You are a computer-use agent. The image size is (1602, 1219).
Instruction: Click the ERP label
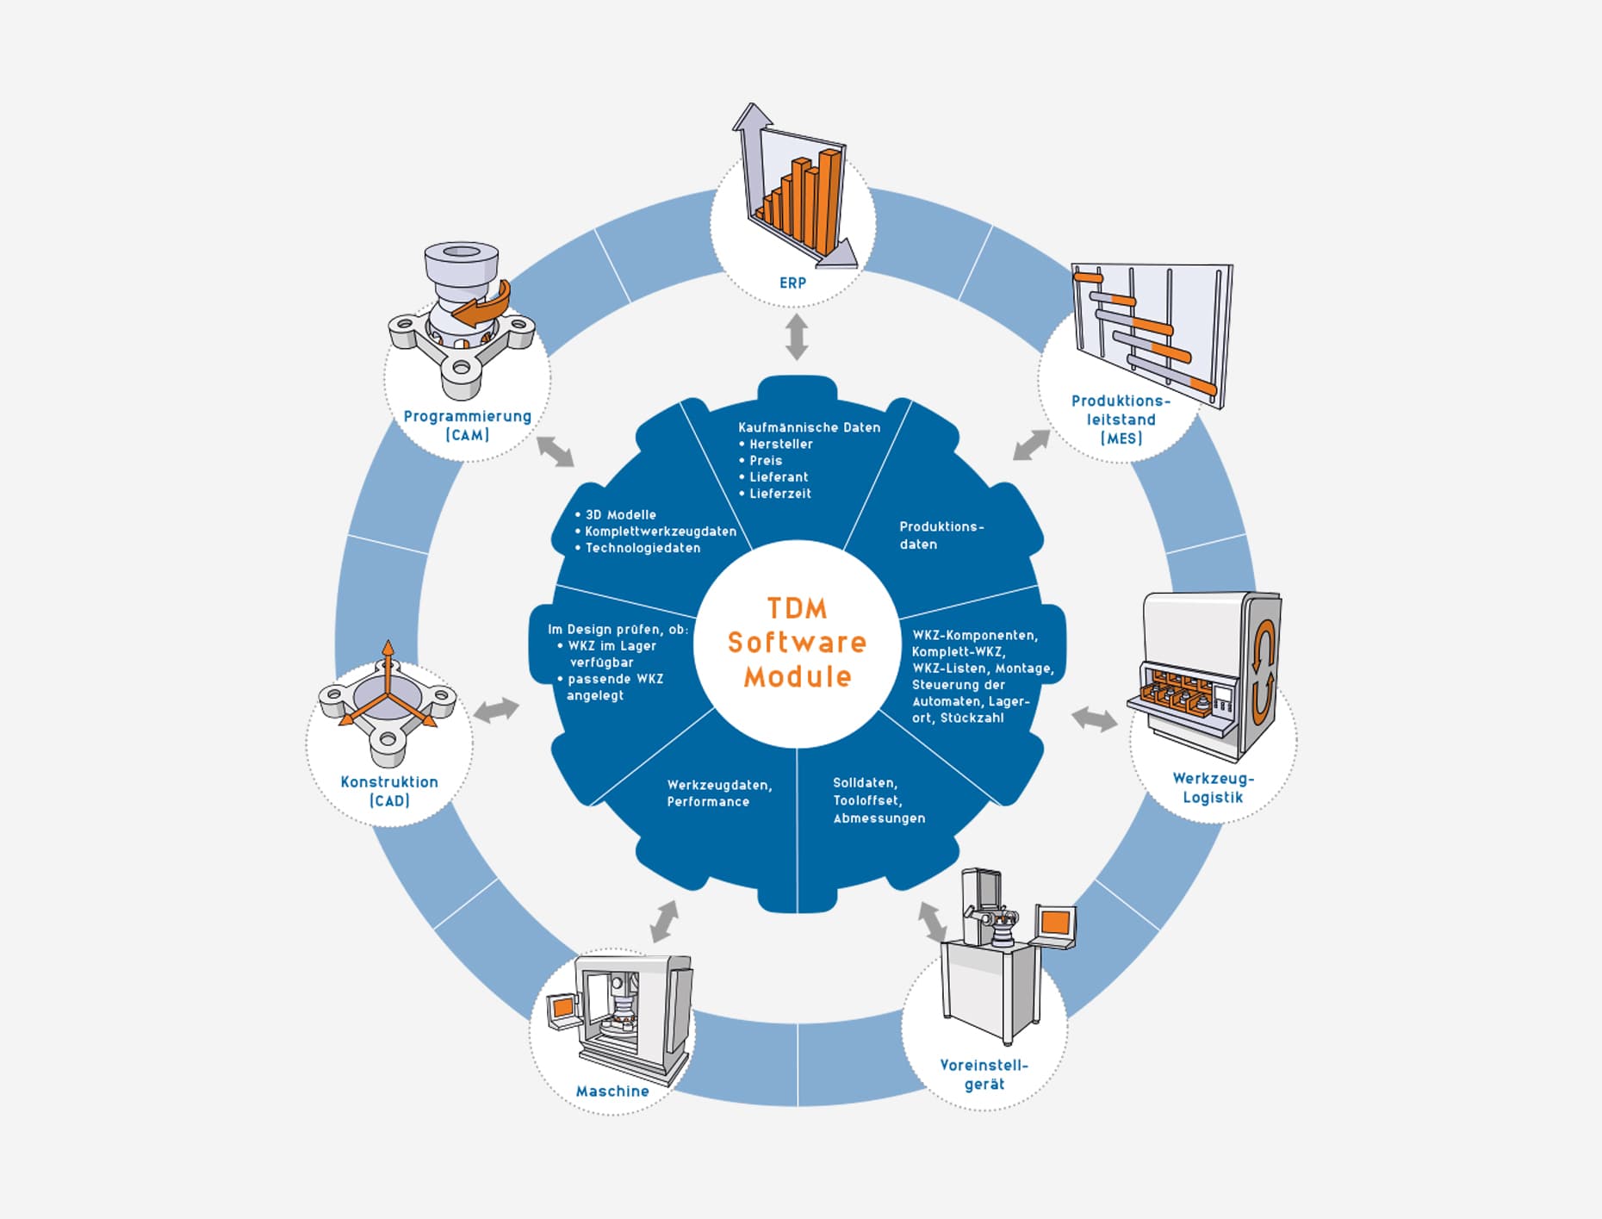[792, 283]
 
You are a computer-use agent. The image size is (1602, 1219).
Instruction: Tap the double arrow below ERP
[797, 337]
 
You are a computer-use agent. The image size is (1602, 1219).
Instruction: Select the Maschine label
[612, 1092]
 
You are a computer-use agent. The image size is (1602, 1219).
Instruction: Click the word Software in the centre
[797, 642]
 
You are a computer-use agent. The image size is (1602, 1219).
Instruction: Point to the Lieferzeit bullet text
[779, 494]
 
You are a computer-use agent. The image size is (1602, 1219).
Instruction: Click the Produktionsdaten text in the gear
[941, 535]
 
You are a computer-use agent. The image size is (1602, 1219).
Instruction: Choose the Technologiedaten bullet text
[643, 548]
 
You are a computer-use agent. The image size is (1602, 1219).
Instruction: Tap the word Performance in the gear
[708, 802]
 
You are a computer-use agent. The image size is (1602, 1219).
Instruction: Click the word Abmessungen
[879, 818]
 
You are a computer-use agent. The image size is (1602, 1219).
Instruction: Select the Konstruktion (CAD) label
[389, 791]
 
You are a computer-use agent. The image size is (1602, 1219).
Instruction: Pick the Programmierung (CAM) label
[468, 426]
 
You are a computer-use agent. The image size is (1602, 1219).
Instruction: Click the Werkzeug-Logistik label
[1213, 787]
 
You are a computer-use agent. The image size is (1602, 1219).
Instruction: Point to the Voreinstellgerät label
[984, 1074]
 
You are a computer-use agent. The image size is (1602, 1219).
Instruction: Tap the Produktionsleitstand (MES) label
[1121, 420]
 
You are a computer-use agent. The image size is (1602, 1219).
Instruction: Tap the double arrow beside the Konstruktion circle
[496, 711]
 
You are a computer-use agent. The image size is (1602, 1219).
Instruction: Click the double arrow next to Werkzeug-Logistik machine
[1094, 718]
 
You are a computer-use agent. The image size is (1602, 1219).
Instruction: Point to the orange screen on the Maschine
[562, 1006]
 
